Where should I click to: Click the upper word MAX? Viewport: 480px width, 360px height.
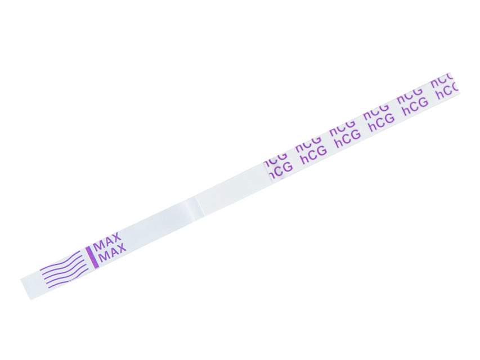(x=107, y=241)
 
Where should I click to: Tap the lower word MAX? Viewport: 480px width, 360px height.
(x=113, y=252)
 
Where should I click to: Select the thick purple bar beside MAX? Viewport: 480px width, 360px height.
(x=92, y=256)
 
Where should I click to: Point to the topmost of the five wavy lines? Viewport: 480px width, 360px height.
(x=60, y=260)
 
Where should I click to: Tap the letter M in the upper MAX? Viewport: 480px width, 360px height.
(x=98, y=245)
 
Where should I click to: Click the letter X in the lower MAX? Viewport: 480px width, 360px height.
(x=121, y=247)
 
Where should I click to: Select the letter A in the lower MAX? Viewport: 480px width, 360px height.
(x=113, y=251)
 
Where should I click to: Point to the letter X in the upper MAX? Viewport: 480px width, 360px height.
(x=116, y=237)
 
